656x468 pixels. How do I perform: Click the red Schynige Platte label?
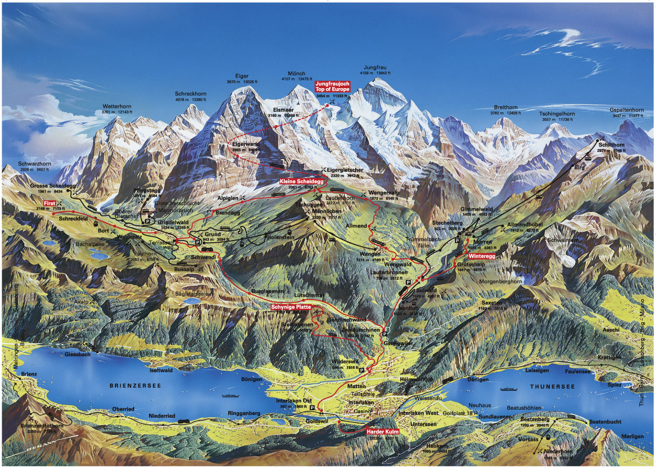tap(291, 306)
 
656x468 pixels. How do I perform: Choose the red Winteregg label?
tap(483, 256)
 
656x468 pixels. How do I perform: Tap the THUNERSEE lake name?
tap(552, 387)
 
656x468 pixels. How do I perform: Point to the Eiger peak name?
tap(241, 76)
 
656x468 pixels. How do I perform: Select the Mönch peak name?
tap(296, 74)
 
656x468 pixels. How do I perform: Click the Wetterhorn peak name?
tap(117, 106)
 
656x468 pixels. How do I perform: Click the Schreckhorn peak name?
tap(190, 94)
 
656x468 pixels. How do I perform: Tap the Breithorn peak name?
tap(506, 107)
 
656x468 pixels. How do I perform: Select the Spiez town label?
tap(614, 385)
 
